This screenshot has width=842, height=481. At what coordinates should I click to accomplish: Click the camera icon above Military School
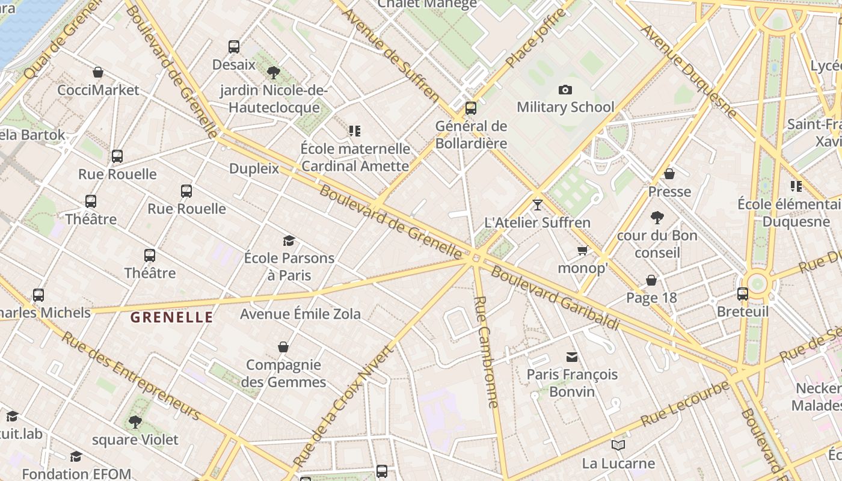[x=565, y=90]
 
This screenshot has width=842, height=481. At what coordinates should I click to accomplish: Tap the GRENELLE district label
[x=172, y=317]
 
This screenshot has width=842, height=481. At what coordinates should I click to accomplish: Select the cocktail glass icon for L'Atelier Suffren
[x=538, y=205]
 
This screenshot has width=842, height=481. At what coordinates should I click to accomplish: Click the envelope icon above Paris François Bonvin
[x=572, y=357]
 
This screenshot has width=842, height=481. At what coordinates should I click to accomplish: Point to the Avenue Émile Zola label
[x=300, y=314]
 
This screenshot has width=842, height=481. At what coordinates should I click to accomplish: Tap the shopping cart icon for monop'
[x=582, y=250]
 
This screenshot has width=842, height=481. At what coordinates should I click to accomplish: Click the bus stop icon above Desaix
[x=234, y=46]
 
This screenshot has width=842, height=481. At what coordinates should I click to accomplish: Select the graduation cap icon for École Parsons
[x=289, y=241]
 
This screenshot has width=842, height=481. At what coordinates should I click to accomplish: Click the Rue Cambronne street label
[x=487, y=352]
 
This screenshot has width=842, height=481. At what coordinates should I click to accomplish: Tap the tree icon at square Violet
[x=135, y=421]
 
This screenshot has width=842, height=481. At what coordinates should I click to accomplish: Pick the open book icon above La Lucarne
[x=618, y=446]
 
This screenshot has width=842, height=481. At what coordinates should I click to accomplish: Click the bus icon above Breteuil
[x=743, y=294]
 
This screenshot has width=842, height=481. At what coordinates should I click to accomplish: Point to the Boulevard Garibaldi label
[x=555, y=298]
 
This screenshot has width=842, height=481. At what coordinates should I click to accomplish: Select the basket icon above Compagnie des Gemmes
[x=283, y=347]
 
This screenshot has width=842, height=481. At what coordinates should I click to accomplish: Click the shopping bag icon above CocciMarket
[x=98, y=72]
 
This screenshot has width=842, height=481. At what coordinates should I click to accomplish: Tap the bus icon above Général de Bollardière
[x=471, y=108]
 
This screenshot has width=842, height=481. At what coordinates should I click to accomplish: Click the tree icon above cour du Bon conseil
[x=657, y=217]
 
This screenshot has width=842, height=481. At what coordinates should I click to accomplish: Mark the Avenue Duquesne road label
[x=688, y=71]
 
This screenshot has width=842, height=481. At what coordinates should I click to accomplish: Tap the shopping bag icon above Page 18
[x=651, y=280]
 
